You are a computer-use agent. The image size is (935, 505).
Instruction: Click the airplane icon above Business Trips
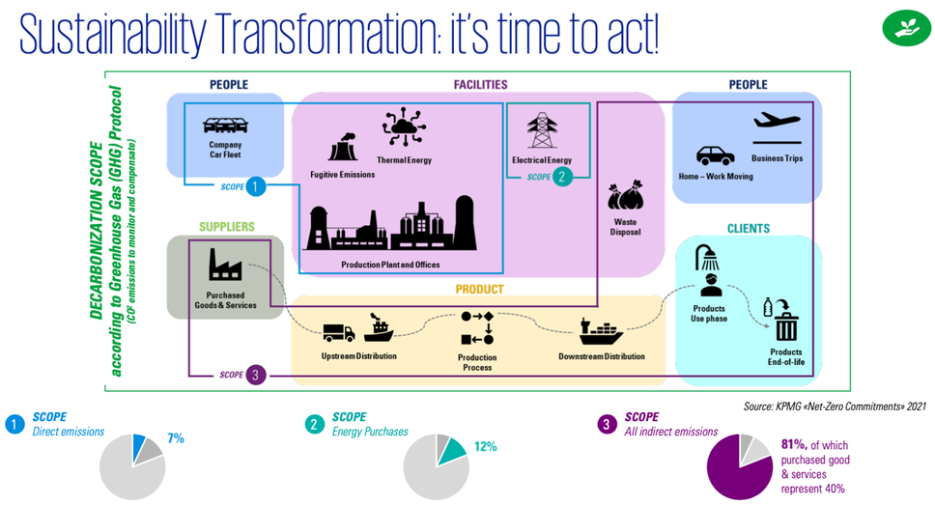point(777,121)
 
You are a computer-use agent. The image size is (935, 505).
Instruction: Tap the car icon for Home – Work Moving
point(715,155)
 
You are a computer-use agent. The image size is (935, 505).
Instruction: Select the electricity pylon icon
point(542,130)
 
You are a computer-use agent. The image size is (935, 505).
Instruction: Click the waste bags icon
point(626,196)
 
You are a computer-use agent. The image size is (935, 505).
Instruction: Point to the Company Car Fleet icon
point(225,126)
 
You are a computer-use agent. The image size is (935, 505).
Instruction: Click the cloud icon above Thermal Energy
point(404,126)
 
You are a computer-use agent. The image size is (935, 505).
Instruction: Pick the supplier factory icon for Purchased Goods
point(225,265)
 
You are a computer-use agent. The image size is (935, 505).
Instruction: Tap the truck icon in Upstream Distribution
point(339,333)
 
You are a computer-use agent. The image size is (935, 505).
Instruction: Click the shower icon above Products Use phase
point(707,258)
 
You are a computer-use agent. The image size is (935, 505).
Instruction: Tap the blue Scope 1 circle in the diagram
point(255,186)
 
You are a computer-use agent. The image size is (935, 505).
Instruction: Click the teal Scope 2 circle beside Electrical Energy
point(562,177)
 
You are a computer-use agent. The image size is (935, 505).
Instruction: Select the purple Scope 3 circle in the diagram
point(255,375)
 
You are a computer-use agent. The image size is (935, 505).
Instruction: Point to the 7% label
point(176,438)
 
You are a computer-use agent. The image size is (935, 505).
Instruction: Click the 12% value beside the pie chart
point(486,446)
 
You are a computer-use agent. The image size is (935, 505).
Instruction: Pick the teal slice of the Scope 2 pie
point(452,451)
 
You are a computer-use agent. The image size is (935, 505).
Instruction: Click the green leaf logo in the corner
point(906,27)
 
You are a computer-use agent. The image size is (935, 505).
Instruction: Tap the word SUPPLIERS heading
point(227,227)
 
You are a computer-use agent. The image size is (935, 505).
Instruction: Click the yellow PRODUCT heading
point(479,289)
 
